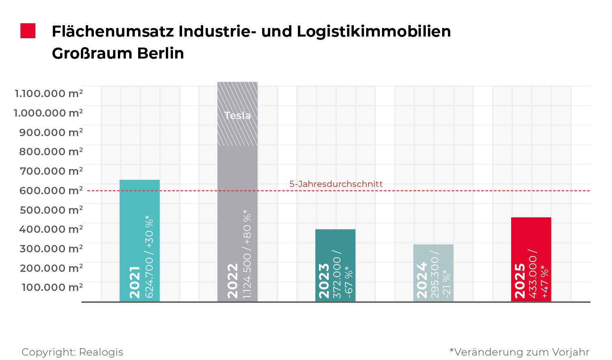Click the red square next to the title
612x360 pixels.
click(28, 31)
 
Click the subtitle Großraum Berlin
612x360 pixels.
click(118, 53)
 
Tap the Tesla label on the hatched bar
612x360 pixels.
click(237, 115)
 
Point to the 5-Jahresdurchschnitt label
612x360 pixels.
click(336, 184)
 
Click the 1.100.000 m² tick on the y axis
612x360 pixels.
click(49, 93)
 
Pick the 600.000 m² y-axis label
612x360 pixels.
click(51, 190)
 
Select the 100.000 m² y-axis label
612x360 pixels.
click(52, 287)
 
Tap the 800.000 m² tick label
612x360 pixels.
click(51, 152)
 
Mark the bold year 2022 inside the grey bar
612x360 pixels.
click(232, 281)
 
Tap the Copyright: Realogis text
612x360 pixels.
click(72, 352)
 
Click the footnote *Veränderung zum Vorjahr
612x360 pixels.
click(519, 352)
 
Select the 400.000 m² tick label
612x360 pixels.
click(51, 229)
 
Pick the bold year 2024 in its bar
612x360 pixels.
click(422, 281)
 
